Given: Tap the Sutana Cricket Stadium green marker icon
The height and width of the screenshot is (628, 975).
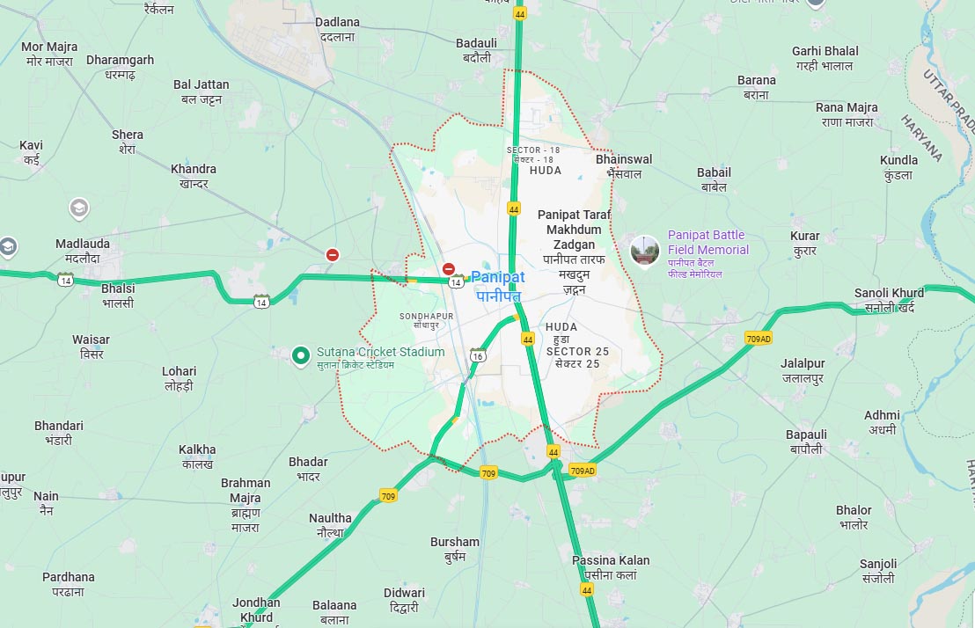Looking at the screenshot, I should click(301, 355).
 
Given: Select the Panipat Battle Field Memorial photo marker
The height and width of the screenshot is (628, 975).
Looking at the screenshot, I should click(644, 251).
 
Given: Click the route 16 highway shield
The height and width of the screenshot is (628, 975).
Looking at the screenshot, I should click(478, 355).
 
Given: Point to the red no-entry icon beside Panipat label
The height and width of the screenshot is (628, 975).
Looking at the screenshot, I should click(449, 269).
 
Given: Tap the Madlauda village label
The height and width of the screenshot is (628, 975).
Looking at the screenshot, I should click(83, 251).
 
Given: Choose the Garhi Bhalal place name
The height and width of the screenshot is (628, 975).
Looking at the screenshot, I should click(825, 58).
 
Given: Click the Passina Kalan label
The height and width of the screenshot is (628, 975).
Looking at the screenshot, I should click(611, 567).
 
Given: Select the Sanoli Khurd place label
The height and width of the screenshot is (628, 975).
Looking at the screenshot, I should click(889, 300).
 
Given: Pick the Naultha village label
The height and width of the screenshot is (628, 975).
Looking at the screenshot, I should click(330, 525).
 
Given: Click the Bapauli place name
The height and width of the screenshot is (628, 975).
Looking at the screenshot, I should click(806, 442).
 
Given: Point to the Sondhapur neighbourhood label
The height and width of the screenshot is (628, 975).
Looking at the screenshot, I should click(427, 320).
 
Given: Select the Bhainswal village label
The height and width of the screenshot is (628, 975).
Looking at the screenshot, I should click(624, 166).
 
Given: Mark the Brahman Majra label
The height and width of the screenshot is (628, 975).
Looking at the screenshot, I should click(246, 505).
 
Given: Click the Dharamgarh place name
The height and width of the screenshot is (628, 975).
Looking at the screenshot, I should click(120, 67).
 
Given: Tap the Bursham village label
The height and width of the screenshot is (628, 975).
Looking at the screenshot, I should click(455, 549).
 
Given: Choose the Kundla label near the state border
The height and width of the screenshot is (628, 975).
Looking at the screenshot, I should click(898, 167).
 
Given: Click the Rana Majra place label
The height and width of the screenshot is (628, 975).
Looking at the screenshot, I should click(847, 114).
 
